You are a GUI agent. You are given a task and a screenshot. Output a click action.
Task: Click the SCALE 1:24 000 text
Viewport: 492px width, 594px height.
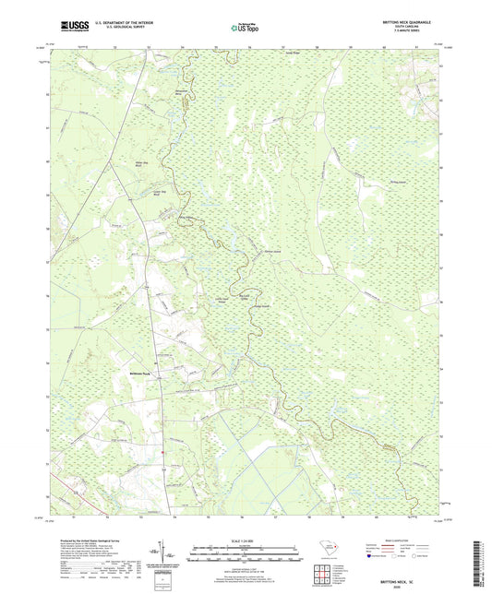(245, 538)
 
